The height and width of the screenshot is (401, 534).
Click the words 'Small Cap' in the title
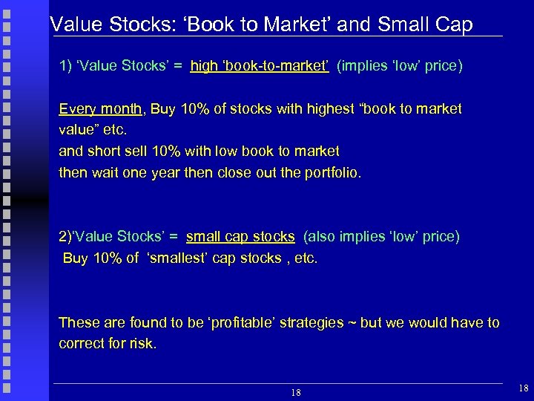tap(426, 25)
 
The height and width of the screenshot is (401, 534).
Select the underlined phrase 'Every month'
tap(100, 109)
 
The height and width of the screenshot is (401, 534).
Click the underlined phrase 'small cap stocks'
tap(240, 237)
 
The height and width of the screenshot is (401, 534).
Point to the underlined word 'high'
tap(204, 67)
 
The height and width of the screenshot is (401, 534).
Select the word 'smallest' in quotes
tap(178, 258)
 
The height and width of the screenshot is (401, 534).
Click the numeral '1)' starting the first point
tap(65, 67)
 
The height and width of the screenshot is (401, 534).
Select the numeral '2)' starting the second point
tap(65, 237)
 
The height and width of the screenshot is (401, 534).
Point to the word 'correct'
tap(82, 344)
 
